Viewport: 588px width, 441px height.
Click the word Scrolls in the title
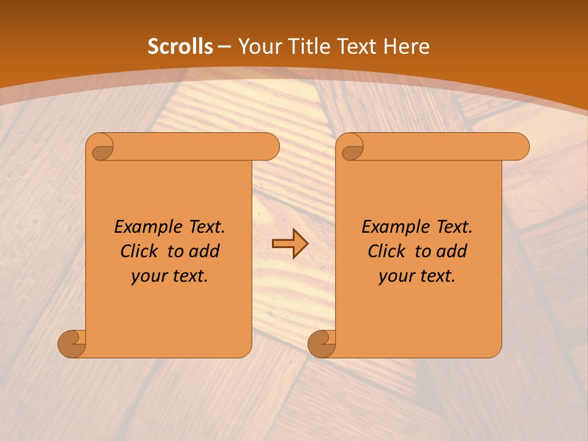[x=180, y=47]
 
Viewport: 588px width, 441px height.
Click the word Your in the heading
[x=258, y=47]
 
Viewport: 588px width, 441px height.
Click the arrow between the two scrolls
[x=290, y=244]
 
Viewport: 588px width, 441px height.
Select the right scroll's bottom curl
[x=322, y=344]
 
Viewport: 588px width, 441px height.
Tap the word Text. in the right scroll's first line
[x=454, y=227]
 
